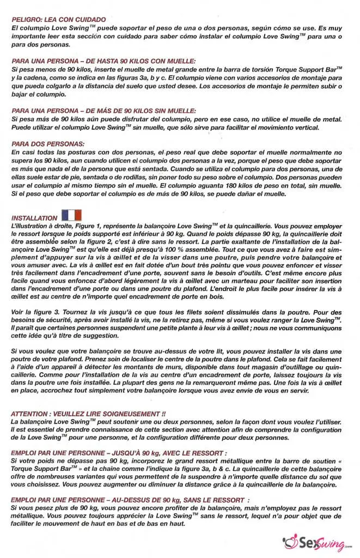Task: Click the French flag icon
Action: pos(71,215)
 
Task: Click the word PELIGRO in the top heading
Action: pos(26,19)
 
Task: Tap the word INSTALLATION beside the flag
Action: pos(34,217)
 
